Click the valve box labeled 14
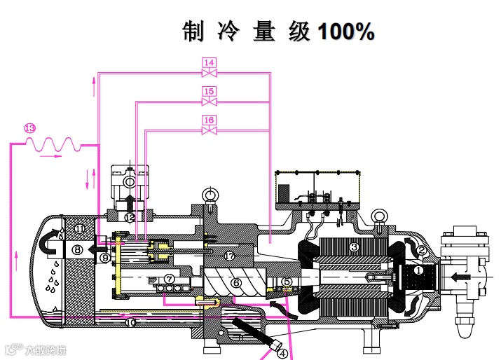208,63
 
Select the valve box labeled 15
208,92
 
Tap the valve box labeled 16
208,120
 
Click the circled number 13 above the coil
29,127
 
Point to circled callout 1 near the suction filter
418,270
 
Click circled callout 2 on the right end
422,249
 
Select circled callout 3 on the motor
354,247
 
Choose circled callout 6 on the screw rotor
237,283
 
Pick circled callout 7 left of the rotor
169,279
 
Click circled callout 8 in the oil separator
78,249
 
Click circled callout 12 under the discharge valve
129,217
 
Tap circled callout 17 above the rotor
230,256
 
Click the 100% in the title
345,32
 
